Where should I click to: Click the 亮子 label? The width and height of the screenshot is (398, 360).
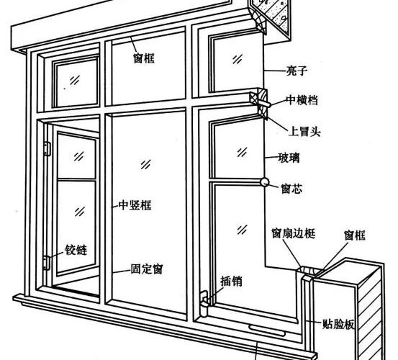(x=297, y=71)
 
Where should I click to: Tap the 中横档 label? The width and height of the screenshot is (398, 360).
(x=302, y=100)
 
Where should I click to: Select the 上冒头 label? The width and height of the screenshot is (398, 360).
(x=304, y=131)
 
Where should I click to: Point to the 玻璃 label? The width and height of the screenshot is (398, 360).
(x=289, y=158)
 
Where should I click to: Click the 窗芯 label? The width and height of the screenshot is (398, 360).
(x=291, y=189)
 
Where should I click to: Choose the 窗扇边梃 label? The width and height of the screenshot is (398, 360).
(x=294, y=233)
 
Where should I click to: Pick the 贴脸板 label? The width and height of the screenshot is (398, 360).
(x=338, y=324)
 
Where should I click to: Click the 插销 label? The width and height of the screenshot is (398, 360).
(x=231, y=282)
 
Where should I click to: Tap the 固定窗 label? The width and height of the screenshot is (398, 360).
(x=147, y=269)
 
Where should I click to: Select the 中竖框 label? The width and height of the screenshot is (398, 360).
(x=135, y=205)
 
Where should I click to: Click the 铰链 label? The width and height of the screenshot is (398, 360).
(x=76, y=250)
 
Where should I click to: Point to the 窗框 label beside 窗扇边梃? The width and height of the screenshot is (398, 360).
(x=355, y=235)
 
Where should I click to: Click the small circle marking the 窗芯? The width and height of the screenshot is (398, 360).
(x=265, y=182)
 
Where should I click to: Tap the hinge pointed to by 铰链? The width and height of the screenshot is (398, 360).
(x=47, y=263)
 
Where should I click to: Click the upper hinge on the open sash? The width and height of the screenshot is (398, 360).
(x=48, y=148)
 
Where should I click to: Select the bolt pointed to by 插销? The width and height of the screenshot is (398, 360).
(x=204, y=304)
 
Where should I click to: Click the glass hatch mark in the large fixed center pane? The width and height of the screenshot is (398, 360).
(x=145, y=164)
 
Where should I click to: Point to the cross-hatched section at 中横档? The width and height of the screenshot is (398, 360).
(x=258, y=104)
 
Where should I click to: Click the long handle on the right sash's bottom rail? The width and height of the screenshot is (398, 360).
(x=266, y=330)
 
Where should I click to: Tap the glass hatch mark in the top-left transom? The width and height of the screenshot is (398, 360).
(x=75, y=80)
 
